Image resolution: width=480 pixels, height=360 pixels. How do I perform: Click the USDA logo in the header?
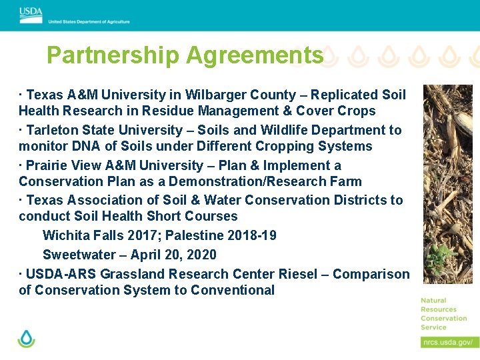tap(31, 13)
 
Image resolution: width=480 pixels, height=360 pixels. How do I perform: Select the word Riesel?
tap(306, 274)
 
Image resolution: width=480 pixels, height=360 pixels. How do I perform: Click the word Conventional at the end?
tap(233, 290)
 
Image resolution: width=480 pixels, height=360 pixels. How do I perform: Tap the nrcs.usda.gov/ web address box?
tap(449, 342)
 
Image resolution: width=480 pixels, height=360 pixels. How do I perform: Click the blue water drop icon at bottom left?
tap(26, 338)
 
